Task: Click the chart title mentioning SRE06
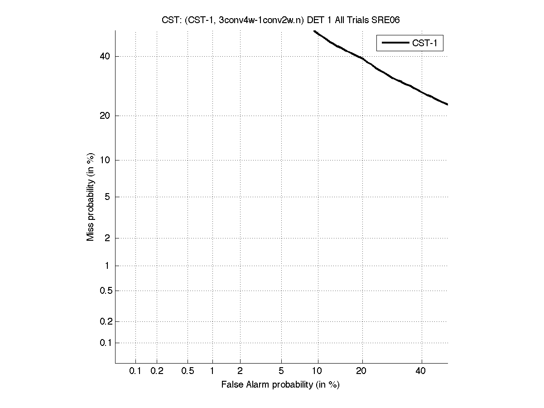[280, 19]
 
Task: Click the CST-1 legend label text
[424, 43]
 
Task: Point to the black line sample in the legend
[395, 43]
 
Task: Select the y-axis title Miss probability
[91, 196]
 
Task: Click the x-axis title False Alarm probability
[280, 385]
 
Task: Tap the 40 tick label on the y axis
[105, 56]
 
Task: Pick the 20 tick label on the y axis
[105, 116]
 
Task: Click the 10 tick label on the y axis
[105, 160]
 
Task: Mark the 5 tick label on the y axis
[107, 197]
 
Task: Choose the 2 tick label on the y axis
[107, 238]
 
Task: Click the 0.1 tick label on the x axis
[135, 371]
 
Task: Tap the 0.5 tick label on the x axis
[188, 371]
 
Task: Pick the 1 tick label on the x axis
[212, 371]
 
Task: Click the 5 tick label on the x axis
[281, 371]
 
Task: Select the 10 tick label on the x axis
[317, 371]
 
